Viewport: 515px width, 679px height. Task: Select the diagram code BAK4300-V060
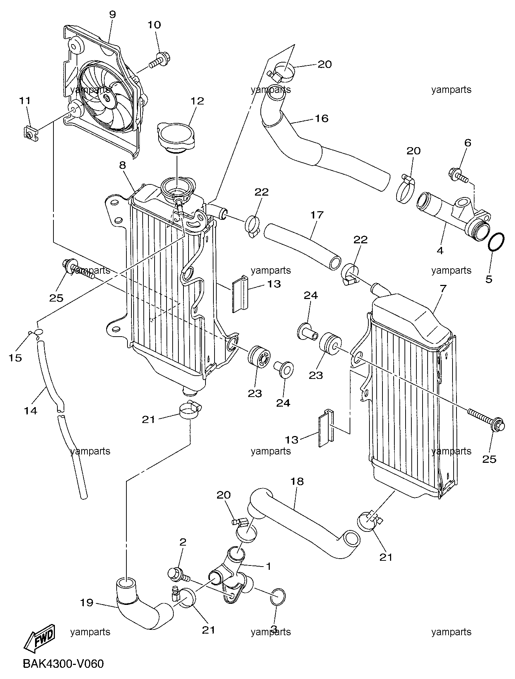[63, 664]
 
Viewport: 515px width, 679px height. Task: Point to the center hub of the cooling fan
[107, 98]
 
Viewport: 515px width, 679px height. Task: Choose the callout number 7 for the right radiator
[443, 289]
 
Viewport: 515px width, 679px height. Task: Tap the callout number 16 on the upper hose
[322, 118]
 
